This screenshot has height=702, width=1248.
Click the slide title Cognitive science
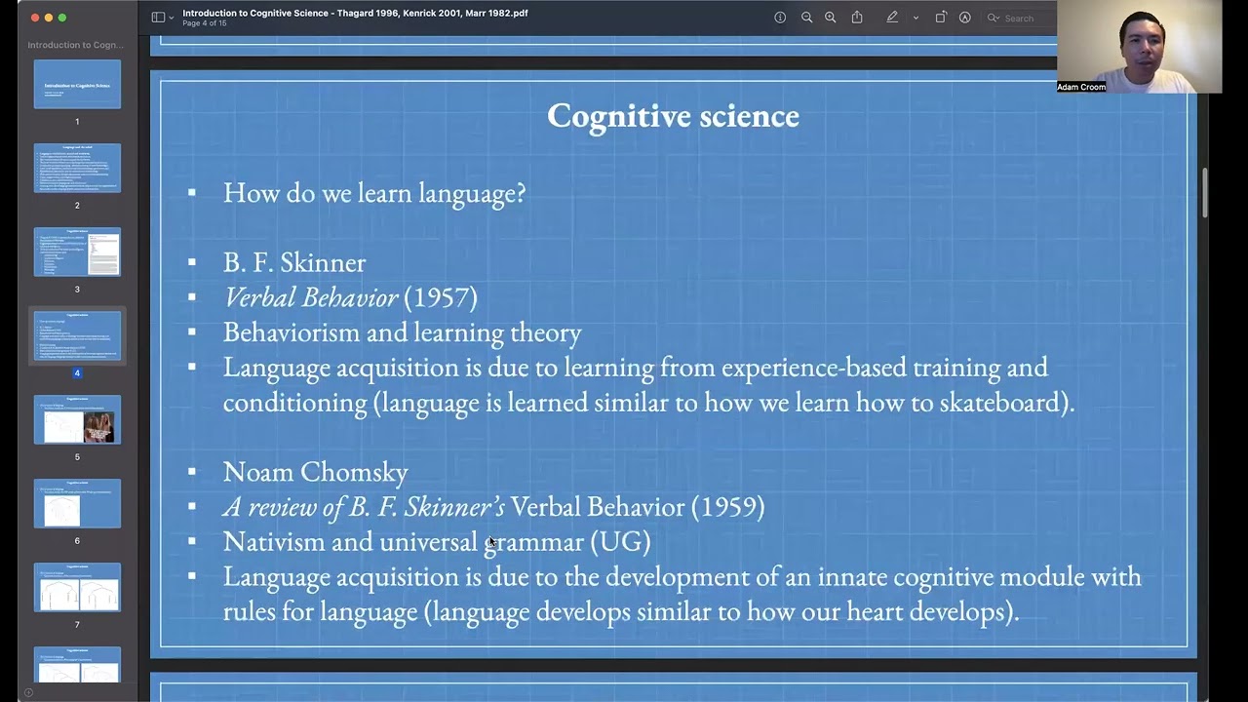pyautogui.click(x=673, y=116)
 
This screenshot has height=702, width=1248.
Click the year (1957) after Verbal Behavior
pyautogui.click(x=441, y=297)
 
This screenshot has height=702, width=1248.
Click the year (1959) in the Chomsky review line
pyautogui.click(x=727, y=507)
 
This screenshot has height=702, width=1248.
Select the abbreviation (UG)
pyautogui.click(x=620, y=542)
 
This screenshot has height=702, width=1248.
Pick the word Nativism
pyautogui.click(x=274, y=542)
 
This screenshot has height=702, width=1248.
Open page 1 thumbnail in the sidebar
pyautogui.click(x=77, y=85)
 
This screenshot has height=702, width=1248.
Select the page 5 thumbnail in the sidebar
pyautogui.click(x=77, y=420)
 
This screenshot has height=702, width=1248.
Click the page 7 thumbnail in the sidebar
pyautogui.click(x=77, y=588)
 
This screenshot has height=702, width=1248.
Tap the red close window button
pyautogui.click(x=35, y=18)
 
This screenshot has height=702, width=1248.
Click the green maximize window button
pyautogui.click(x=62, y=18)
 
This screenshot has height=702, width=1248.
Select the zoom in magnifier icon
pyautogui.click(x=830, y=18)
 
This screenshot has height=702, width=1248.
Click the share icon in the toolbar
pyautogui.click(x=857, y=18)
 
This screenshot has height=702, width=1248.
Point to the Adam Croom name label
pyautogui.click(x=1081, y=87)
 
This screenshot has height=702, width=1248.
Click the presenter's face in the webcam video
pyautogui.click(x=1141, y=44)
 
